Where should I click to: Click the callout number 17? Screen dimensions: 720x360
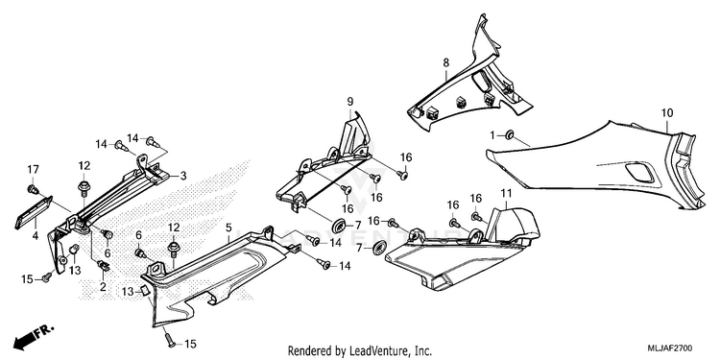(x=33, y=169)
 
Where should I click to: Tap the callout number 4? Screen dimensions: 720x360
(x=36, y=237)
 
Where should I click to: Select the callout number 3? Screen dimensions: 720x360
(x=182, y=176)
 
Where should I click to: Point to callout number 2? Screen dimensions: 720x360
(x=103, y=287)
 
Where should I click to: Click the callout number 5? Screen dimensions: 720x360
(x=228, y=227)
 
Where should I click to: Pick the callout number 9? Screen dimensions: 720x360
(x=349, y=101)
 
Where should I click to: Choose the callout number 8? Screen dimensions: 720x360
(x=445, y=63)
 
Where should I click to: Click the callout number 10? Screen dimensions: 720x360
(x=667, y=112)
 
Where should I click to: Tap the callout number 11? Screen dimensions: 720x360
(x=506, y=193)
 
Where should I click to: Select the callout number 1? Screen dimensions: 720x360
(x=492, y=135)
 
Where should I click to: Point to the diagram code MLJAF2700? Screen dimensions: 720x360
(x=670, y=348)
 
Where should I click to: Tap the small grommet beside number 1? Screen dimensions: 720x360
(x=509, y=135)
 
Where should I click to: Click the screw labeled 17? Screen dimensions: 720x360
(x=33, y=189)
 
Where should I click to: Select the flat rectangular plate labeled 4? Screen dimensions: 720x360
(x=34, y=212)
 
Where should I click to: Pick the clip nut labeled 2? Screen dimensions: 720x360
(x=104, y=265)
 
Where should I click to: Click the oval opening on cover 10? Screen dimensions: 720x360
(x=639, y=173)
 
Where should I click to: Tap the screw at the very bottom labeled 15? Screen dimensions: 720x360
(x=168, y=339)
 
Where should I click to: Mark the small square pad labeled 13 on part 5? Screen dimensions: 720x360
(x=143, y=291)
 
